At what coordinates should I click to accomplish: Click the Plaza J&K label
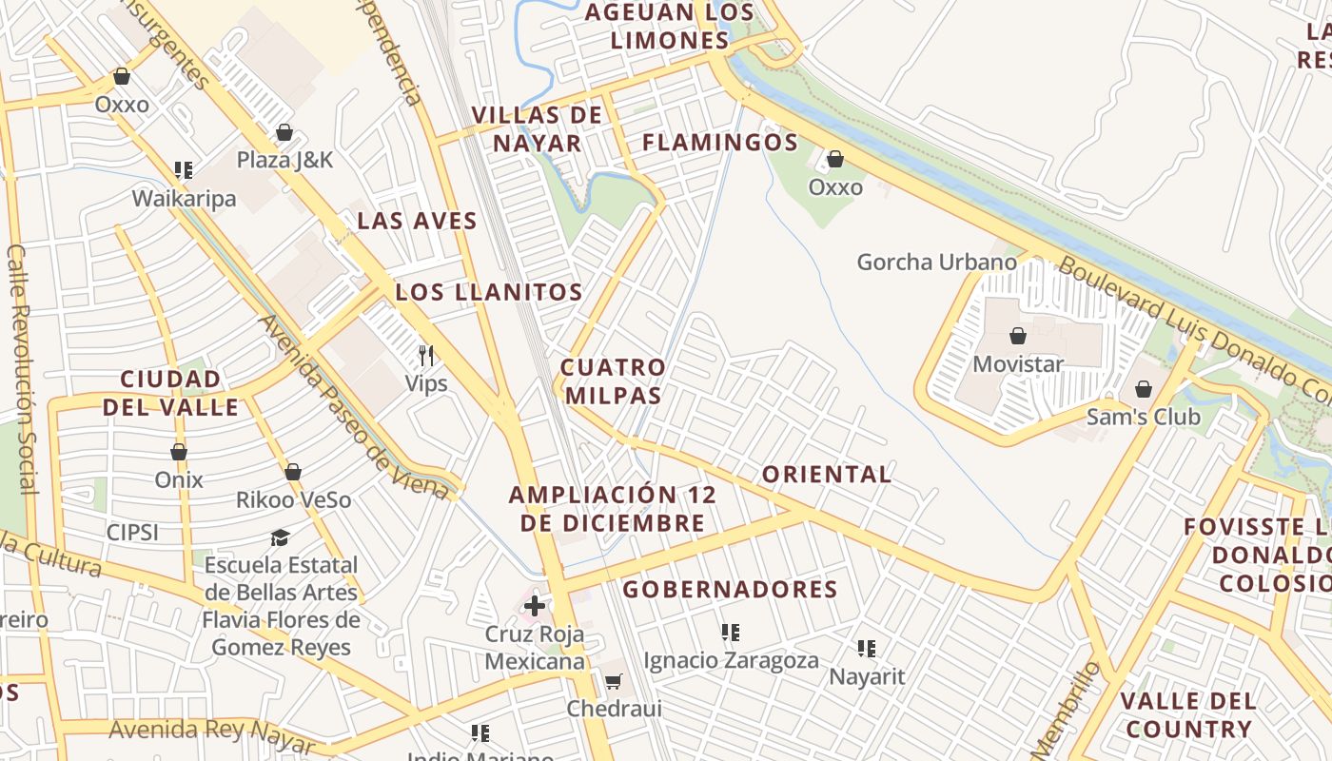point(284,159)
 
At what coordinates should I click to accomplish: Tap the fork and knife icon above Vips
point(426,356)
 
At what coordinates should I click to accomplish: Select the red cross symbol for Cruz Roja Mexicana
point(535,605)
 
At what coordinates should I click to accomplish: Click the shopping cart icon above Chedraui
point(614,681)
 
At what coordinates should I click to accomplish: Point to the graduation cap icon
point(280,538)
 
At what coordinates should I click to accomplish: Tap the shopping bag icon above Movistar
point(1018,336)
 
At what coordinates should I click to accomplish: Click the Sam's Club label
point(1143,417)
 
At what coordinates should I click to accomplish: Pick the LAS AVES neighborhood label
point(417,221)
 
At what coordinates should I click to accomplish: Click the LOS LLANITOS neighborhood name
point(489,292)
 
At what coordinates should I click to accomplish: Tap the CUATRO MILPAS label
point(613,380)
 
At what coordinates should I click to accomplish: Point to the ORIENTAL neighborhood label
point(827,474)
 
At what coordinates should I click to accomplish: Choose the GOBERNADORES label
point(730,590)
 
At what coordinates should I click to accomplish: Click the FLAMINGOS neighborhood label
point(720,143)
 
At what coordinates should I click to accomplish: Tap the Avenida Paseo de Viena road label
point(353,407)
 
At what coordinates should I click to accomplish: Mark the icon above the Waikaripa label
point(184,170)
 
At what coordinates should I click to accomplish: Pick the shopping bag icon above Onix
point(179,452)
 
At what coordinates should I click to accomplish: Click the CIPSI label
point(132,532)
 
